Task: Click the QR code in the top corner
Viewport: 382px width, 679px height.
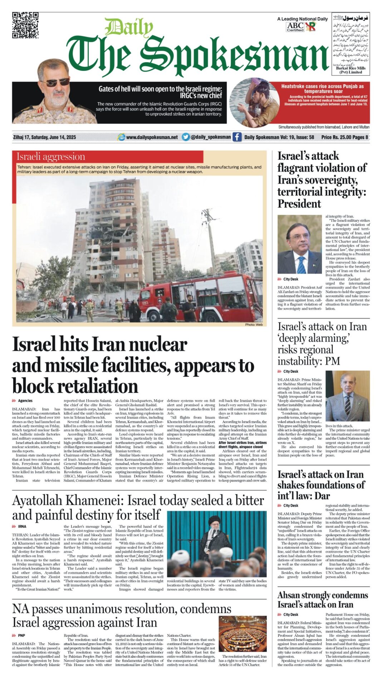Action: tap(25, 25)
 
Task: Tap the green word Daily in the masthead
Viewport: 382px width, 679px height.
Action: tap(129, 27)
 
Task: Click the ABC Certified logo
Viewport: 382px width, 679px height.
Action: tap(295, 27)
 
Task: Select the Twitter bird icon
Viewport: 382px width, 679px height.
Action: tap(185, 137)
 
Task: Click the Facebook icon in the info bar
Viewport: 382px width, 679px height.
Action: tap(237, 137)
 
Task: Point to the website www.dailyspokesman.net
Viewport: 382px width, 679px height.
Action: tap(152, 137)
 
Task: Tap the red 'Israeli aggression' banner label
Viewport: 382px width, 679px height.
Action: tap(51, 157)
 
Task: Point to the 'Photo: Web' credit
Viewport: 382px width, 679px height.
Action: tap(254, 325)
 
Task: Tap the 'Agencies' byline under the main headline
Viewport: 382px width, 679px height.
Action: tap(25, 401)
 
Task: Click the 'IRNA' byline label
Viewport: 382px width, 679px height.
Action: tap(22, 527)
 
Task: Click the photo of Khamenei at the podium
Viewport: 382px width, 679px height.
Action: tap(217, 544)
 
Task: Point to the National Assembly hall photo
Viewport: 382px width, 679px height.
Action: tap(243, 634)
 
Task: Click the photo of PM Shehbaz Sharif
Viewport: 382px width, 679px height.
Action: tap(347, 396)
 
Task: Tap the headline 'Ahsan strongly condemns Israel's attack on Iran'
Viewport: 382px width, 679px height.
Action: tap(323, 600)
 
